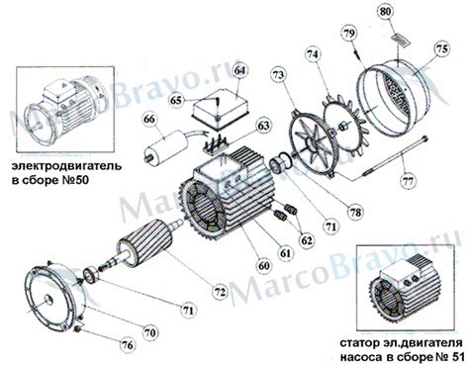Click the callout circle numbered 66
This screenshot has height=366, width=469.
click(x=149, y=119)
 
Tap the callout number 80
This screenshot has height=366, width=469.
click(x=387, y=13)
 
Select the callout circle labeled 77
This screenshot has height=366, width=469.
click(x=410, y=181)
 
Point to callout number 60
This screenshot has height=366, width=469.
click(x=264, y=266)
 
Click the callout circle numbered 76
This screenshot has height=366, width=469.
click(x=128, y=345)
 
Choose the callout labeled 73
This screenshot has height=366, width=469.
click(x=278, y=75)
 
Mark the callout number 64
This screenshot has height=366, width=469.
click(x=240, y=71)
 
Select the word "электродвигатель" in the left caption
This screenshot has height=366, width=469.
click(x=66, y=166)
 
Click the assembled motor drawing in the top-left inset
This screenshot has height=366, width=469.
click(x=66, y=109)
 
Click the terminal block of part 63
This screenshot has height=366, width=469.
click(x=215, y=144)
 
